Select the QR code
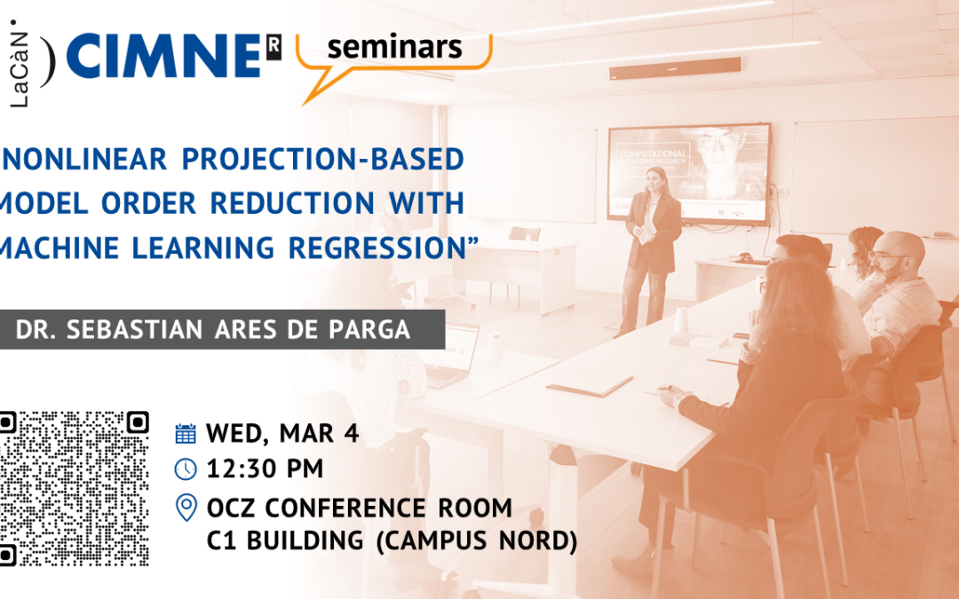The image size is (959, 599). [74, 487]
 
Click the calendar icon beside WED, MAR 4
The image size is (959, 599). [186, 433]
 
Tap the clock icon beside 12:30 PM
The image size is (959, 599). [186, 469]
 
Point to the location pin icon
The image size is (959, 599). [186, 508]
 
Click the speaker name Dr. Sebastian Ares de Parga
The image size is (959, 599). [213, 330]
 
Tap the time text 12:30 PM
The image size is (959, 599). [265, 469]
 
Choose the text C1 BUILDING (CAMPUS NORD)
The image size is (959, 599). [392, 540]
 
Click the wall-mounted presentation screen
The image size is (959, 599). [688, 174]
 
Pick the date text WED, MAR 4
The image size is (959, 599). [282, 433]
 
